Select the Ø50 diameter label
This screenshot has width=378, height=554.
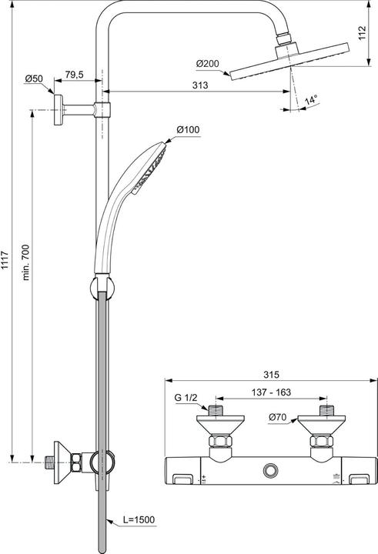click(x=34, y=78)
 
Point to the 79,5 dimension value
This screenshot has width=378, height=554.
click(x=75, y=75)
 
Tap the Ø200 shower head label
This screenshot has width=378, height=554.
click(x=207, y=62)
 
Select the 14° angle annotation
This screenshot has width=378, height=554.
click(x=311, y=101)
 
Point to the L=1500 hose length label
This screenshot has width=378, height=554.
click(x=139, y=520)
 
